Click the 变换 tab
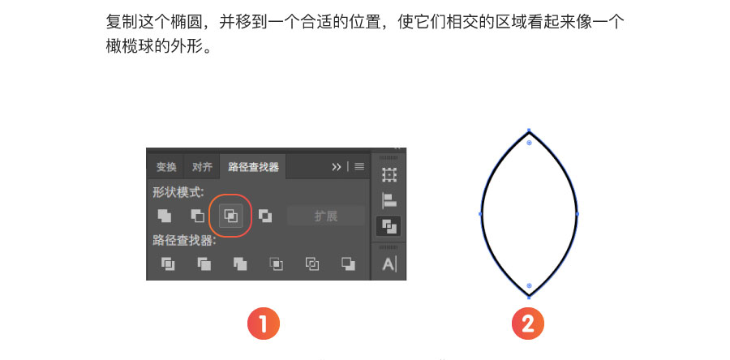[166, 167]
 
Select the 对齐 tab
[202, 167]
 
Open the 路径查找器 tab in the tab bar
[253, 167]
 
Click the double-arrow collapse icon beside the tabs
[336, 167]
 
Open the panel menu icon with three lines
[359, 166]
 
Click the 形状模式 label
[178, 192]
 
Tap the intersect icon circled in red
[231, 216]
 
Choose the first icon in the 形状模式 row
[165, 216]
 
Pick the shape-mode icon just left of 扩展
[265, 216]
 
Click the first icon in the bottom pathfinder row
[168, 264]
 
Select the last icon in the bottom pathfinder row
[348, 264]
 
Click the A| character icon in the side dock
[389, 264]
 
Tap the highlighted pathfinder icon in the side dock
[389, 226]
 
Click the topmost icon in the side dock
[389, 174]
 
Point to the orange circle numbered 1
[264, 324]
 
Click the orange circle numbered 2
[528, 324]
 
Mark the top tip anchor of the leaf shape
[529, 131]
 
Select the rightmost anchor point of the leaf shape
[578, 214]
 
